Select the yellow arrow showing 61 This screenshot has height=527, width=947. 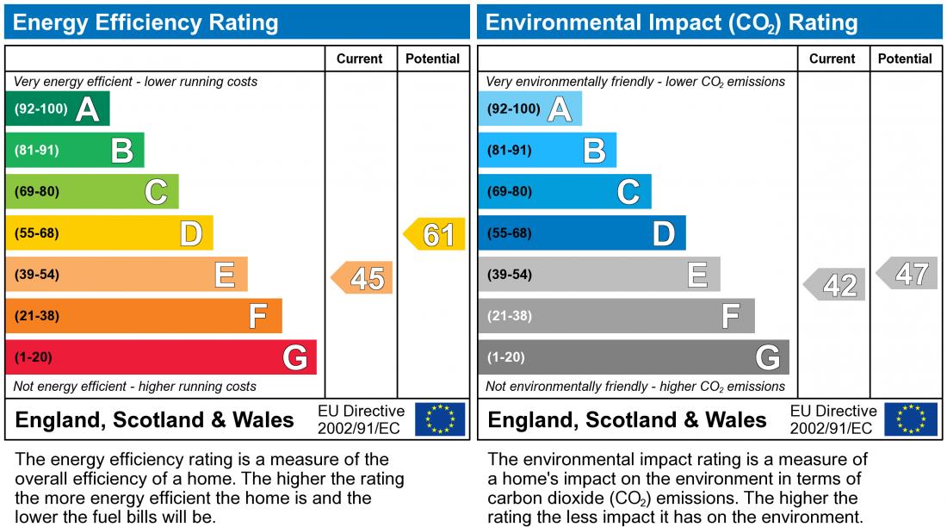[x=436, y=234]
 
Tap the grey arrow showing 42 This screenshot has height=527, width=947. [x=835, y=285]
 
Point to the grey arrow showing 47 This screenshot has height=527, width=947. [x=908, y=274]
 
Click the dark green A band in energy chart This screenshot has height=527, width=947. [x=57, y=109]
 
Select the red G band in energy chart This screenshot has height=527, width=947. [x=160, y=357]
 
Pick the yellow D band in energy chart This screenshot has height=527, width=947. [x=108, y=233]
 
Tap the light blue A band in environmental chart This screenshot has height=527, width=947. [x=529, y=109]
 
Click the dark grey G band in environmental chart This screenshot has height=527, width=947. [x=633, y=357]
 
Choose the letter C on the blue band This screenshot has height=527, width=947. [x=628, y=192]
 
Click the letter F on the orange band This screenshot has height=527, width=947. [x=257, y=317]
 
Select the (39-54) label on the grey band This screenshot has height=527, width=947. [x=510, y=275]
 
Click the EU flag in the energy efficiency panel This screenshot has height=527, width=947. [x=440, y=419]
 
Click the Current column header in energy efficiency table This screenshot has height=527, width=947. [x=360, y=59]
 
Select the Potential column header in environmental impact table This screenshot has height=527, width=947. [x=906, y=59]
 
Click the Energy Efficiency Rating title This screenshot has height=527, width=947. [x=146, y=22]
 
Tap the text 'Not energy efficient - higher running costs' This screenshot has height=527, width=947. [x=135, y=387]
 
